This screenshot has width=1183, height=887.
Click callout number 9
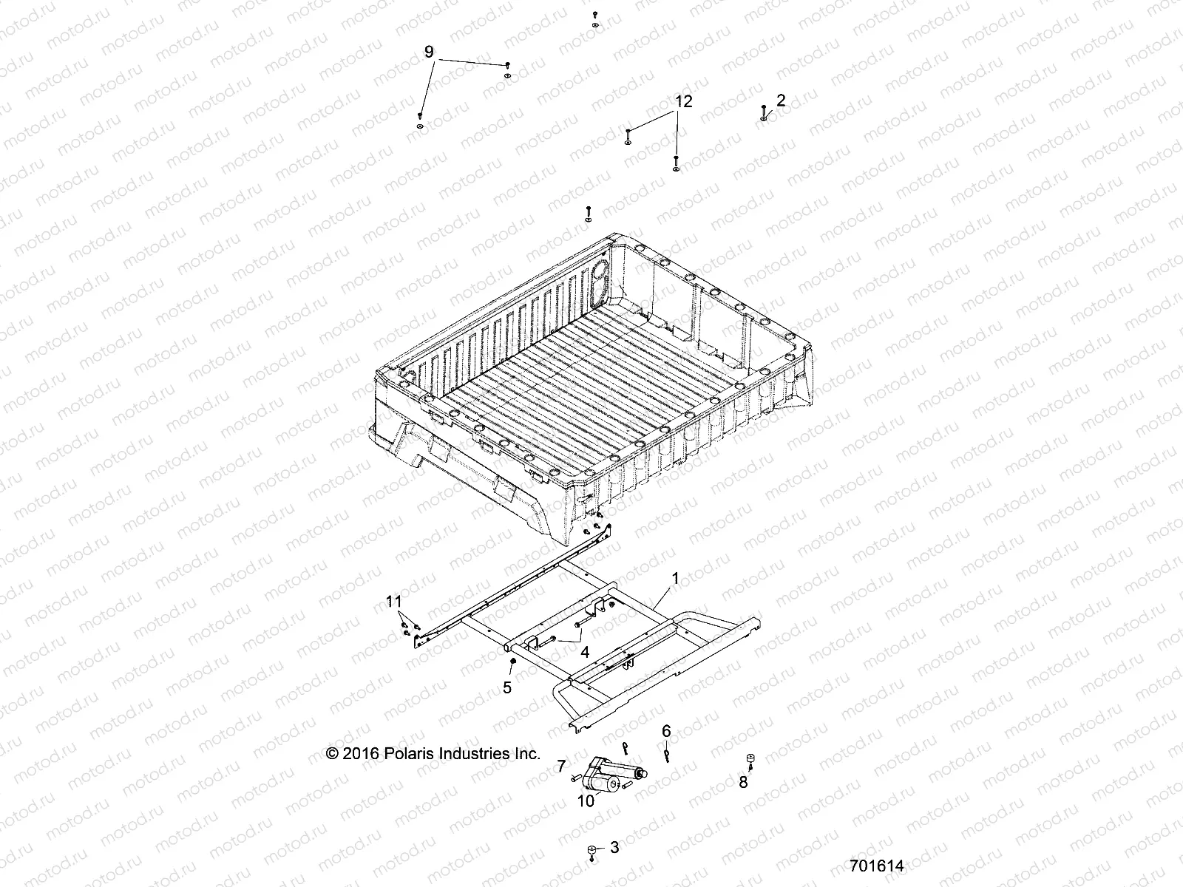(429, 52)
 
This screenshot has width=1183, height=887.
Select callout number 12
(683, 102)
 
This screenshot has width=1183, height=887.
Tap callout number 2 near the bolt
(781, 100)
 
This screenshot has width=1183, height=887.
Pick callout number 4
(584, 653)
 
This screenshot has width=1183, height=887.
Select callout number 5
(506, 687)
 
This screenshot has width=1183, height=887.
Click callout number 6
(666, 731)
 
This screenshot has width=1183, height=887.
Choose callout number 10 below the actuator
(585, 801)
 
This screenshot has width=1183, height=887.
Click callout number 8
(743, 782)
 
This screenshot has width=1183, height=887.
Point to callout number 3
(614, 848)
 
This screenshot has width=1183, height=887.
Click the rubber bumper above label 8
(750, 758)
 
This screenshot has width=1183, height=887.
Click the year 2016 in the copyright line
(362, 754)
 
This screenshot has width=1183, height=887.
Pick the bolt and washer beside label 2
(763, 113)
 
